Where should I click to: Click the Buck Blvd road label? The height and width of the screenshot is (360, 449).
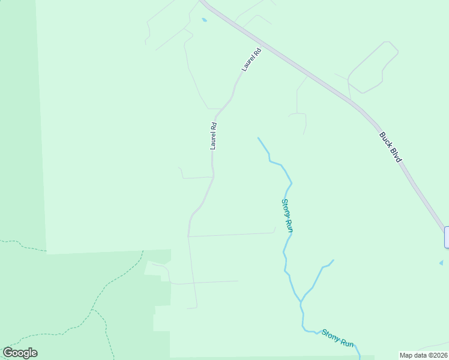click(x=390, y=147)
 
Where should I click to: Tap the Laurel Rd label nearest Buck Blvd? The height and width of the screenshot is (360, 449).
click(x=252, y=60)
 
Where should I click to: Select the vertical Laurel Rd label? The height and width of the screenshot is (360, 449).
click(x=213, y=136)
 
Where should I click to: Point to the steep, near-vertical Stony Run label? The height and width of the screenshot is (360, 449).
click(x=287, y=215)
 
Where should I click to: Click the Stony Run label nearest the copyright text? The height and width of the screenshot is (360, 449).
click(x=337, y=338)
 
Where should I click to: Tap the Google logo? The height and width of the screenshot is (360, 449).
click(x=20, y=353)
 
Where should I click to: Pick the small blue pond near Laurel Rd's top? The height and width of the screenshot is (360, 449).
click(x=204, y=20)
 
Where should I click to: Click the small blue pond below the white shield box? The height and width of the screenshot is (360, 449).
click(x=441, y=263)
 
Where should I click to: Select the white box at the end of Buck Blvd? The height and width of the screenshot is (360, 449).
click(x=447, y=237)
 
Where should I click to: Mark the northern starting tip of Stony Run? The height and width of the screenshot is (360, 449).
click(x=258, y=138)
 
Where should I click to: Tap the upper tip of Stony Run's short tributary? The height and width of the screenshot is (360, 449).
click(x=333, y=260)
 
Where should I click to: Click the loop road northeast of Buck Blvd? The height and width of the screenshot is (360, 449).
click(x=373, y=66)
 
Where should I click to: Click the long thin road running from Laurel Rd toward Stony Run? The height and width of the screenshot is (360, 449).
click(x=232, y=235)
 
